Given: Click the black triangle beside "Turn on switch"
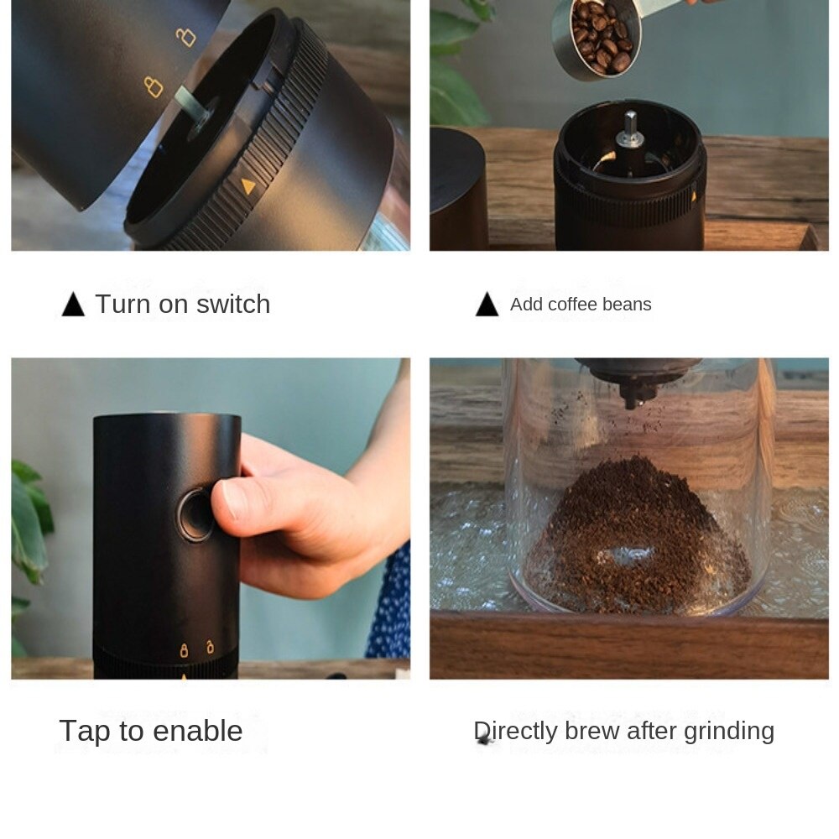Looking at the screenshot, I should click(73, 305).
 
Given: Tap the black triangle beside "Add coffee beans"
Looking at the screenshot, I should click(487, 305).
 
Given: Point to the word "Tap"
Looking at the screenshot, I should click(84, 732).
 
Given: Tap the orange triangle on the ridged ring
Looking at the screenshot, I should click(248, 185).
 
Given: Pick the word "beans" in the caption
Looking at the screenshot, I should click(629, 305).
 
